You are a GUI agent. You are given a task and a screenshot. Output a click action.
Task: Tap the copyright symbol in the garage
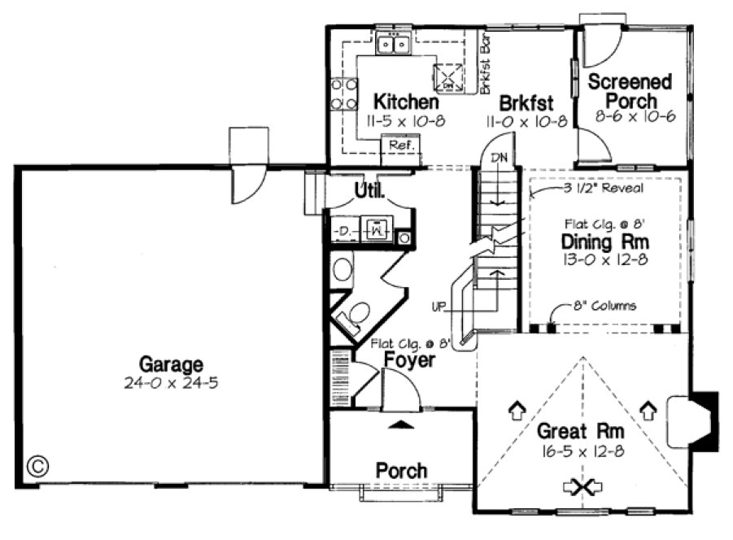[37, 465]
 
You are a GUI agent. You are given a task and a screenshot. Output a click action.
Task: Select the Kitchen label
[405, 102]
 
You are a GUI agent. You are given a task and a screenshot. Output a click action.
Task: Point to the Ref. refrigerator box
[401, 146]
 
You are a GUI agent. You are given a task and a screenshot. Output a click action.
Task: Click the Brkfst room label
[526, 103]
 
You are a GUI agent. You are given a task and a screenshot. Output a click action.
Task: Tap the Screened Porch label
[630, 91]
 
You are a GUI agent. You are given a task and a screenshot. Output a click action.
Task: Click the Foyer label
[409, 360]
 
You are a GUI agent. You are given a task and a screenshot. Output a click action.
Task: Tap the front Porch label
[401, 470]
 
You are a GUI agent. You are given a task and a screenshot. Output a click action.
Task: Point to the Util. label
[369, 191]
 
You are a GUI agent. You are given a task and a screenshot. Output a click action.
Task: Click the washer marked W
[376, 230]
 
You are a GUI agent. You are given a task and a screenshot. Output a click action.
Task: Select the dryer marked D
[344, 230]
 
